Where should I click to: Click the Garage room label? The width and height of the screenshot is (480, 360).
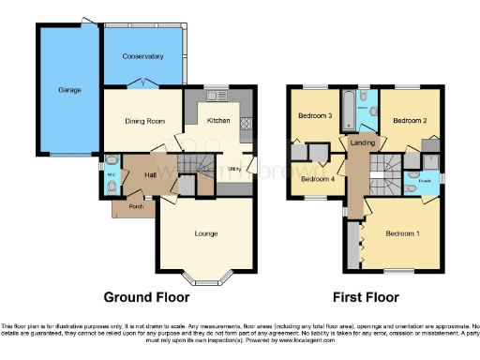pos(68,90)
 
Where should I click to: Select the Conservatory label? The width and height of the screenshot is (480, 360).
pos(142,56)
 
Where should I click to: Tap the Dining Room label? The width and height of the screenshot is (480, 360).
pos(144,121)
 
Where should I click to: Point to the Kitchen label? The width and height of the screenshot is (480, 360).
pos(218,121)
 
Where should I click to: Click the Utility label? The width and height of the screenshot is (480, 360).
pos(235,169)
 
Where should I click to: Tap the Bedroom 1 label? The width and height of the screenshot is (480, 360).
pos(404,232)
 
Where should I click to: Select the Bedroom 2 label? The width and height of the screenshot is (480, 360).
pos(410,121)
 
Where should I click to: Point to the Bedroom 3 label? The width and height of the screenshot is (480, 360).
pos(315,115)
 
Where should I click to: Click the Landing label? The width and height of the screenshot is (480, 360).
pos(361,142)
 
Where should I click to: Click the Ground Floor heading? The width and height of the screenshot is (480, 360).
pos(141,297)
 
